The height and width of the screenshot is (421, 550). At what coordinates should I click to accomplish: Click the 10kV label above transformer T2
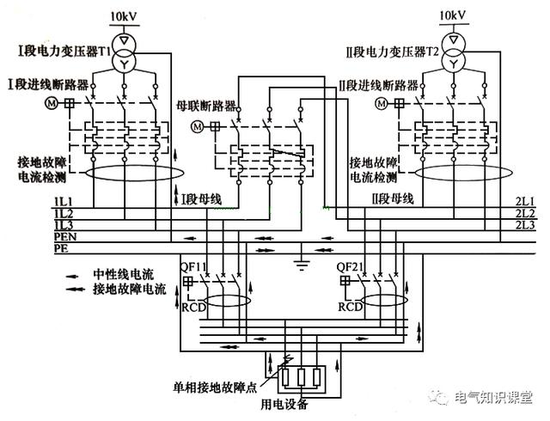point(452,16)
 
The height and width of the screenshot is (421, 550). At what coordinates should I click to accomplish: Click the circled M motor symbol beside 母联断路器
point(197,126)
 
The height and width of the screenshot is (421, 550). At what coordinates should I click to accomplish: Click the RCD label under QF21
point(350,306)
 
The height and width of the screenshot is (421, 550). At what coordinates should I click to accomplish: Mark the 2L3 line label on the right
point(525,225)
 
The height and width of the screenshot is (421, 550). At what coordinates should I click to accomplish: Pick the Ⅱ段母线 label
point(394,199)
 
